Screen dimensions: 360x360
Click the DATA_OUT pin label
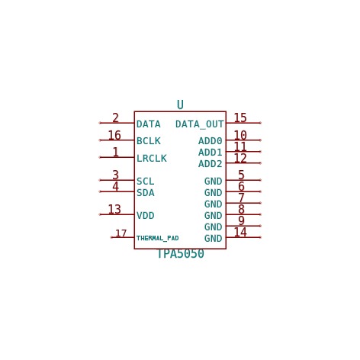pyautogui.click(x=199, y=124)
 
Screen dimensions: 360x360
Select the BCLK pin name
pyautogui.click(x=149, y=141)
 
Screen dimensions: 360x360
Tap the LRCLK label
pyautogui.click(x=152, y=159)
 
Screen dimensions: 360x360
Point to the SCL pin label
pyautogui.click(x=146, y=182)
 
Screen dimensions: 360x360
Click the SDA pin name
pyautogui.click(x=146, y=193)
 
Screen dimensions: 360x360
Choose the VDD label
pyautogui.click(x=146, y=216)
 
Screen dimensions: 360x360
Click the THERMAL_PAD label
pyautogui.click(x=158, y=238)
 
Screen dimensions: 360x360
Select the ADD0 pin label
pyautogui.click(x=211, y=141)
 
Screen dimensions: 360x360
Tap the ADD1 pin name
pyautogui.click(x=211, y=153)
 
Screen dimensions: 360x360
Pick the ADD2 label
pyautogui.click(x=211, y=164)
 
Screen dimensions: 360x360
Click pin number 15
pyautogui.click(x=240, y=117)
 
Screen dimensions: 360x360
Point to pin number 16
pyautogui.click(x=114, y=135)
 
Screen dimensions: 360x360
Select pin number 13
pyautogui.click(x=114, y=210)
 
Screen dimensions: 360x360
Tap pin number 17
pyautogui.click(x=121, y=233)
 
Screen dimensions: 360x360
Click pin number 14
pyautogui.click(x=240, y=232)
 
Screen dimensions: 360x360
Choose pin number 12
pyautogui.click(x=240, y=158)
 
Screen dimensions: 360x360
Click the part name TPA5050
pyautogui.click(x=181, y=254)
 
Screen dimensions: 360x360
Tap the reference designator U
pyautogui.click(x=180, y=104)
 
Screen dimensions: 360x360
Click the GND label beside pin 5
pyautogui.click(x=214, y=182)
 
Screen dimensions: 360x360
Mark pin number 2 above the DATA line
pyautogui.click(x=115, y=118)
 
